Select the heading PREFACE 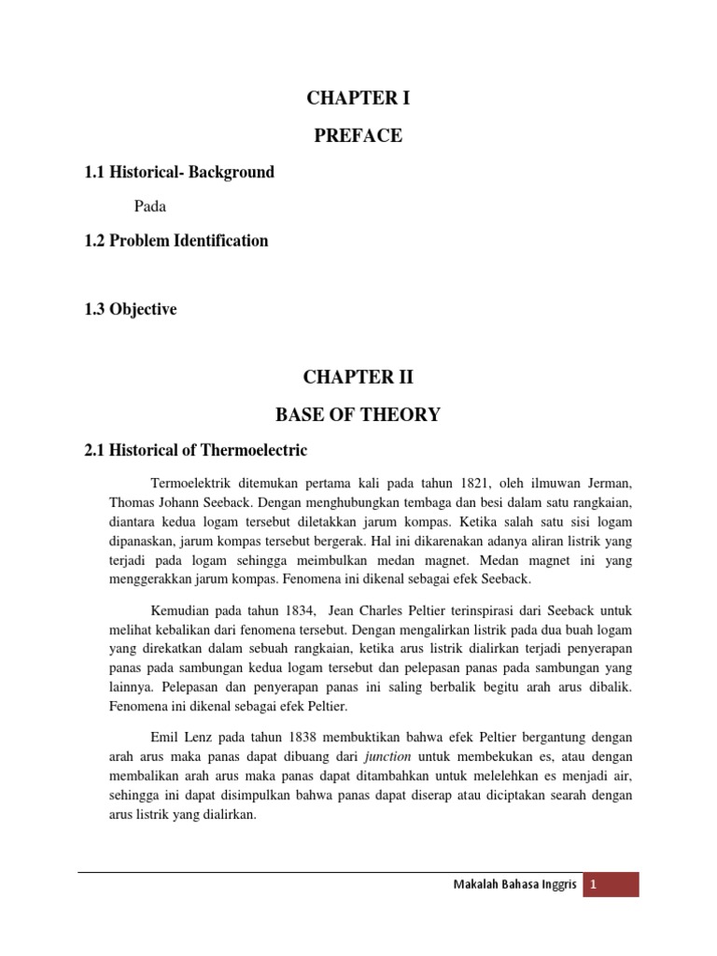[358, 136]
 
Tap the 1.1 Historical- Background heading [178, 173]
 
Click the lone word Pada [150, 206]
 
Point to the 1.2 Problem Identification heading [176, 241]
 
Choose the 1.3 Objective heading [130, 309]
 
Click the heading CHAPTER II [358, 378]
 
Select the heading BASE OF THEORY [358, 415]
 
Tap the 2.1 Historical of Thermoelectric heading [195, 451]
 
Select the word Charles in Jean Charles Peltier [376, 611]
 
